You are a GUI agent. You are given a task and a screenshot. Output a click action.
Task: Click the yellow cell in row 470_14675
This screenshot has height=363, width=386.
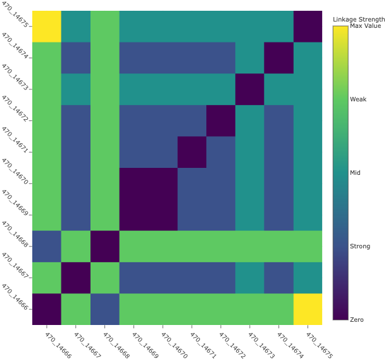point(46,27)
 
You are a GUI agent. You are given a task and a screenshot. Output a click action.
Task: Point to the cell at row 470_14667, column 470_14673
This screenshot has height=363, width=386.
point(249,277)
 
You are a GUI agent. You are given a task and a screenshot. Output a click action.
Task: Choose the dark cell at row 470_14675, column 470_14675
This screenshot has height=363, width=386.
point(308,27)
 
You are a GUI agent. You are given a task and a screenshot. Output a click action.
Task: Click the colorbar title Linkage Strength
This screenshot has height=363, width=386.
point(359,20)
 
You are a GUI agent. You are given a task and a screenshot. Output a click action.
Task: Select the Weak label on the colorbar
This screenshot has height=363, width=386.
point(358,99)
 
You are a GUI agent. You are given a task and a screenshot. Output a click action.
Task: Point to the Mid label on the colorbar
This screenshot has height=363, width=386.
point(356,172)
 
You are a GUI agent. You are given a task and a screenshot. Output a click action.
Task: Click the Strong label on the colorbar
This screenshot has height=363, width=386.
point(359,246)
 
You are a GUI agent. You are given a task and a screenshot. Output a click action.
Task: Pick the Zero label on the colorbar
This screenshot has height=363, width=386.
point(357,319)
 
